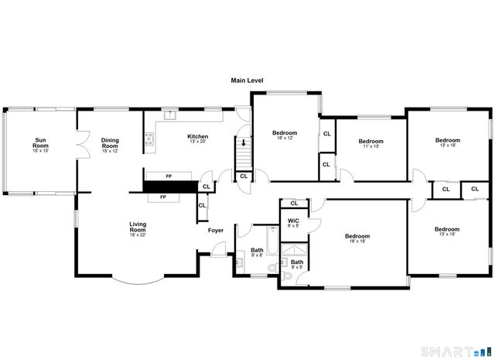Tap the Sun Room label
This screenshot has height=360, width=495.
tap(40, 143)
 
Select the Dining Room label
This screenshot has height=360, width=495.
tap(110, 143)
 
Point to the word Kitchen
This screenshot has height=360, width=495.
tap(197, 136)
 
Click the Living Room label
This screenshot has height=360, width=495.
tap(138, 227)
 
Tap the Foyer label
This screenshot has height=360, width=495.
tap(216, 230)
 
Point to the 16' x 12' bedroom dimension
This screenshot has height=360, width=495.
tap(285, 139)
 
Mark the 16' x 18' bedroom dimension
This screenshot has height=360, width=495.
tap(357, 242)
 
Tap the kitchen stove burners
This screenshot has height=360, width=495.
tap(149, 141)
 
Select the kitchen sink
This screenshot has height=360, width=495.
tap(172, 115)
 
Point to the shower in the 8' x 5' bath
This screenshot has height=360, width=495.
tap(292, 249)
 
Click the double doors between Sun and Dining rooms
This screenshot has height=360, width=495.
tap(77, 145)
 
